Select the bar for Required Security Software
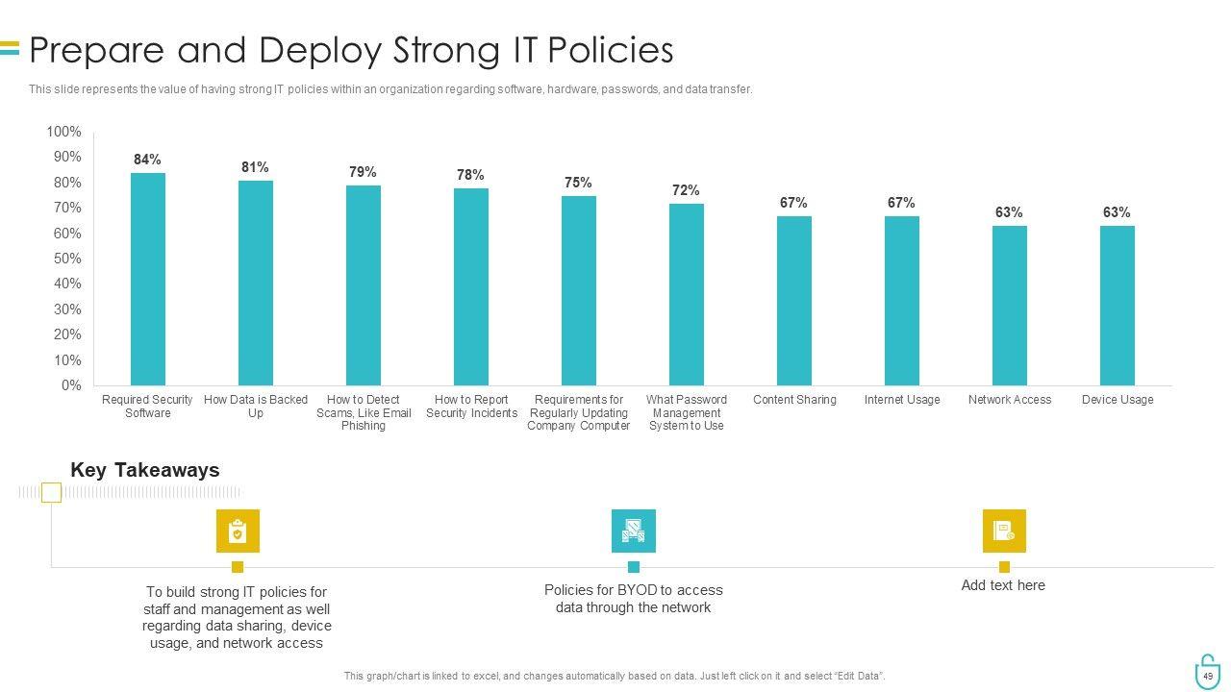pos(148,279)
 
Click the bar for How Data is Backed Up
pos(256,283)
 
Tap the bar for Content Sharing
pos(794,300)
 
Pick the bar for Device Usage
pos(1118,306)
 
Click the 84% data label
pos(147,160)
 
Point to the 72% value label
pos(686,190)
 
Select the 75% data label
pos(578,183)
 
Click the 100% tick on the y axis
pos(63,132)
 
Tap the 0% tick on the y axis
pos(71,385)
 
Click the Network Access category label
pos(1010,400)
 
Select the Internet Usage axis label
pos(902,400)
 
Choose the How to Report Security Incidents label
pos(471,407)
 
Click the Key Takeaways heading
pos(145,470)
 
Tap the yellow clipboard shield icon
pos(238,531)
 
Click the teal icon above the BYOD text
pos(633,531)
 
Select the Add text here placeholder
pos(1003,585)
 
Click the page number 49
pos(1208,676)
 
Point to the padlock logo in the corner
pos(1207,672)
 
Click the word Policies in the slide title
pos(610,49)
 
